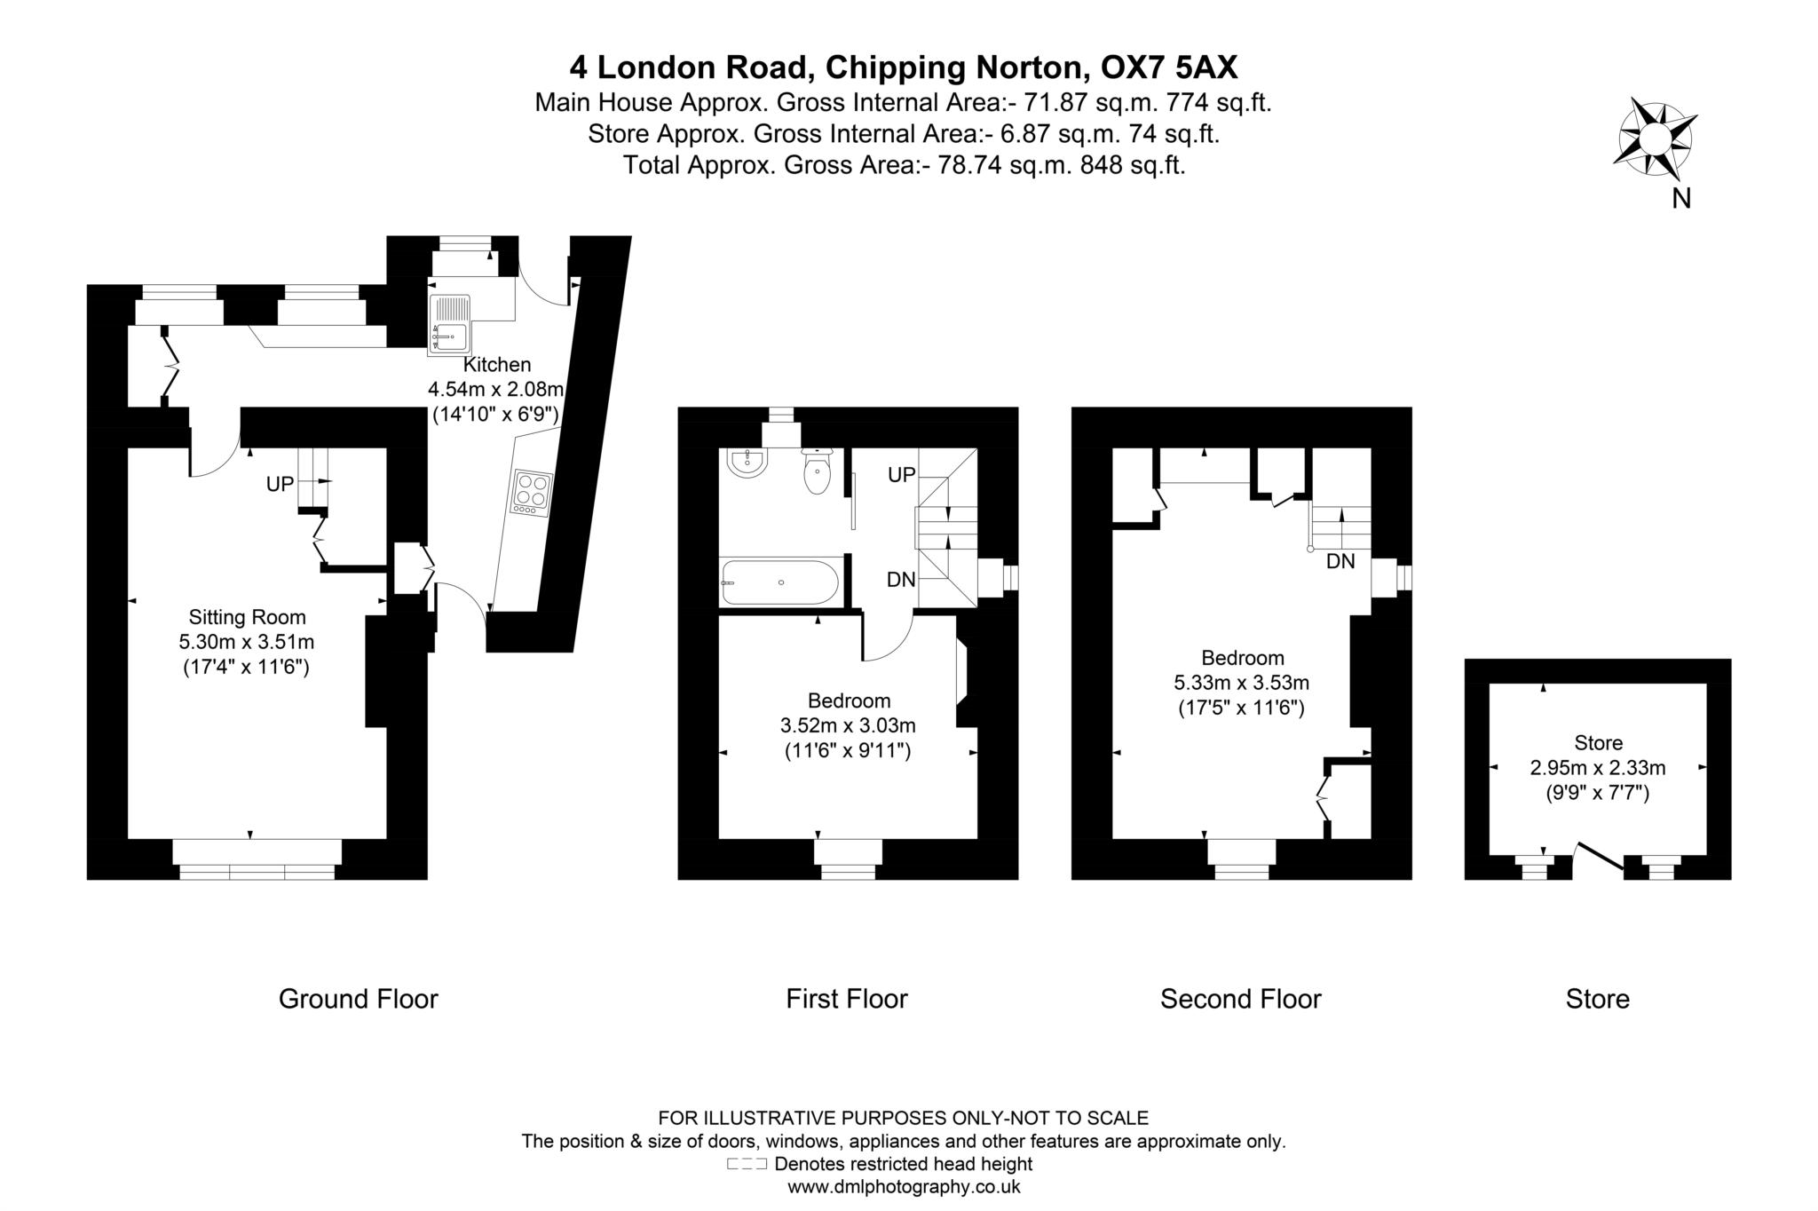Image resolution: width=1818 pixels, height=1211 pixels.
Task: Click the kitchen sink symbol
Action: click(450, 325)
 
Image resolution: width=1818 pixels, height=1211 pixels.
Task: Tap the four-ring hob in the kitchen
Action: click(532, 493)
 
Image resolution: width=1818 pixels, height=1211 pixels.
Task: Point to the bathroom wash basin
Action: click(748, 462)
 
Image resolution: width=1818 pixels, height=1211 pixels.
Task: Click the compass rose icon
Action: click(1655, 139)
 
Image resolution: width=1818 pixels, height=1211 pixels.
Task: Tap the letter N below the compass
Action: click(1681, 199)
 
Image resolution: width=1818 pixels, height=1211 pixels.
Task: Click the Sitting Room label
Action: click(247, 617)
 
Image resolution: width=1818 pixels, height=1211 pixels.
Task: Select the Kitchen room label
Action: click(497, 364)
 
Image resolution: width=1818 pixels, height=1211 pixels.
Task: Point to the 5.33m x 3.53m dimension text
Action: click(1242, 683)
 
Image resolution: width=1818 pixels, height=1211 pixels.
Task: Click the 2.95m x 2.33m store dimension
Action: click(1598, 767)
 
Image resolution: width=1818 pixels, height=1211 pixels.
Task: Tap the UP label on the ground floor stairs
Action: click(281, 485)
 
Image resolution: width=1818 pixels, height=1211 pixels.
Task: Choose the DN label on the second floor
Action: click(1341, 561)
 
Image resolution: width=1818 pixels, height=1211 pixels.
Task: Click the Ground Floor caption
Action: click(359, 999)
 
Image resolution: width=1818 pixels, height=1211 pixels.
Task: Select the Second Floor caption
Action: click(1241, 999)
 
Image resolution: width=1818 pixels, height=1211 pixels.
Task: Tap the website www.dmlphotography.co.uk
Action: click(904, 1186)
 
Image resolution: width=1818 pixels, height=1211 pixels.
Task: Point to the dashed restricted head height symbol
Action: click(747, 1164)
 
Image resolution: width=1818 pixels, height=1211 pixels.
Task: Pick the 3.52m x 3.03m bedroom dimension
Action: click(848, 725)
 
